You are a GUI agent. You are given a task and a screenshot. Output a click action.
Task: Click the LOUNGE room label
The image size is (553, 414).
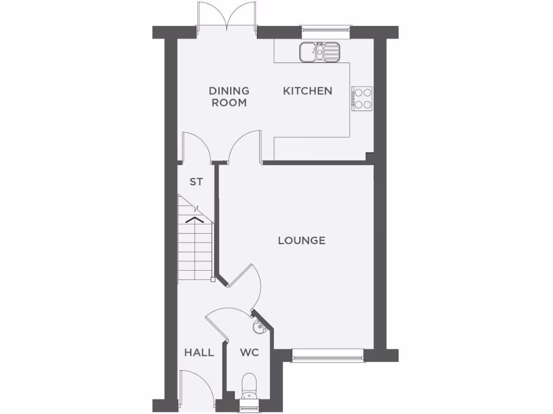301,240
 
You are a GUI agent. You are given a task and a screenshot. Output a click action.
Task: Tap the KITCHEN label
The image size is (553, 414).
307,91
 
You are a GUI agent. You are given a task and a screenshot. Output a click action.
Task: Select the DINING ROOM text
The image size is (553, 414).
230,96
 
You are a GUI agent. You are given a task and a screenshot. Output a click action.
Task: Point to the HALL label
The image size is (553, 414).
199,353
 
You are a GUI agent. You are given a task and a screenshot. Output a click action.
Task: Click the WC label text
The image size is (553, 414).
249,353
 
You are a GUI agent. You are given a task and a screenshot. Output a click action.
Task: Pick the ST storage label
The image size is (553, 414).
196,182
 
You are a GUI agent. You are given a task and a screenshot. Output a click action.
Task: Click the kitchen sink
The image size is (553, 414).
319,52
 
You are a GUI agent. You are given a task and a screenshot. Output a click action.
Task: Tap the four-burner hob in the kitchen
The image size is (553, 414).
362,99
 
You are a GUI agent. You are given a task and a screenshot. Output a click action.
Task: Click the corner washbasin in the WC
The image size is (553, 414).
259,325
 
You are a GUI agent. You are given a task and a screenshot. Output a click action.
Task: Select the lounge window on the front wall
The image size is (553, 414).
328,355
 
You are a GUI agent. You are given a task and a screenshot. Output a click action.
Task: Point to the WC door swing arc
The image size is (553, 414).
222,321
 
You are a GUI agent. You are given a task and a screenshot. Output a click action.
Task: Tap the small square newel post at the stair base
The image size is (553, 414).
214,280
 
